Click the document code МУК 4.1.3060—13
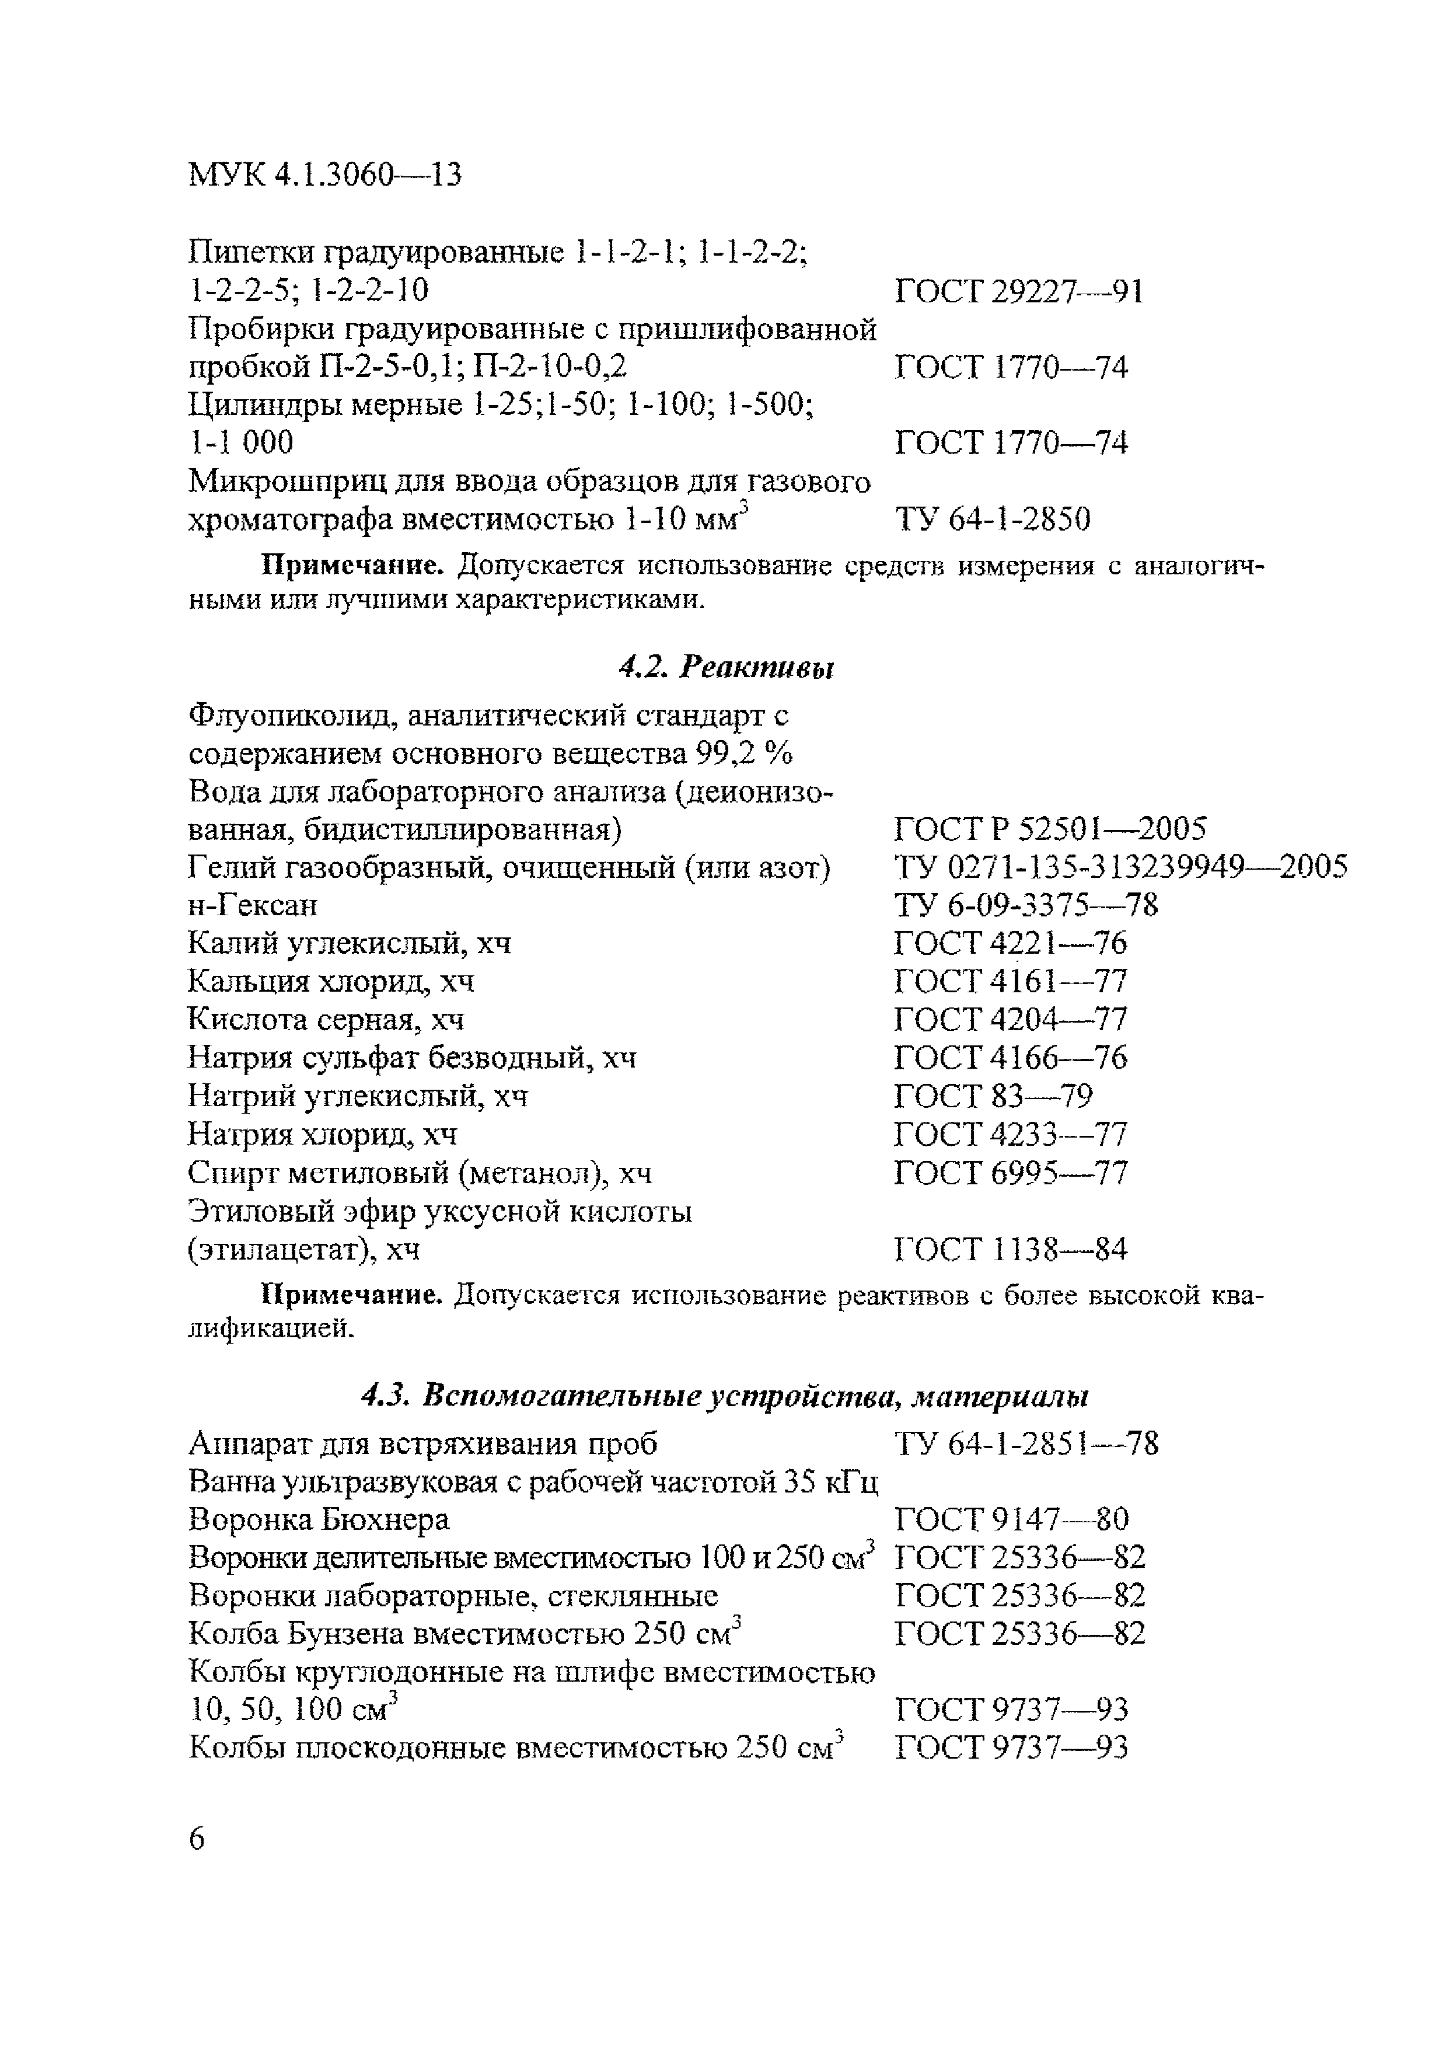tap(326, 175)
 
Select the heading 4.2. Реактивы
tap(726, 667)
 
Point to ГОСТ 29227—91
tap(1018, 291)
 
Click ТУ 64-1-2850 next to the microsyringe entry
tap(991, 519)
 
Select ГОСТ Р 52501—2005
tap(1049, 829)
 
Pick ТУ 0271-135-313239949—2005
tap(1120, 867)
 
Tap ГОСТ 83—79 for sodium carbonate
tap(992, 1095)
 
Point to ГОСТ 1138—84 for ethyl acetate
tap(1010, 1249)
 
